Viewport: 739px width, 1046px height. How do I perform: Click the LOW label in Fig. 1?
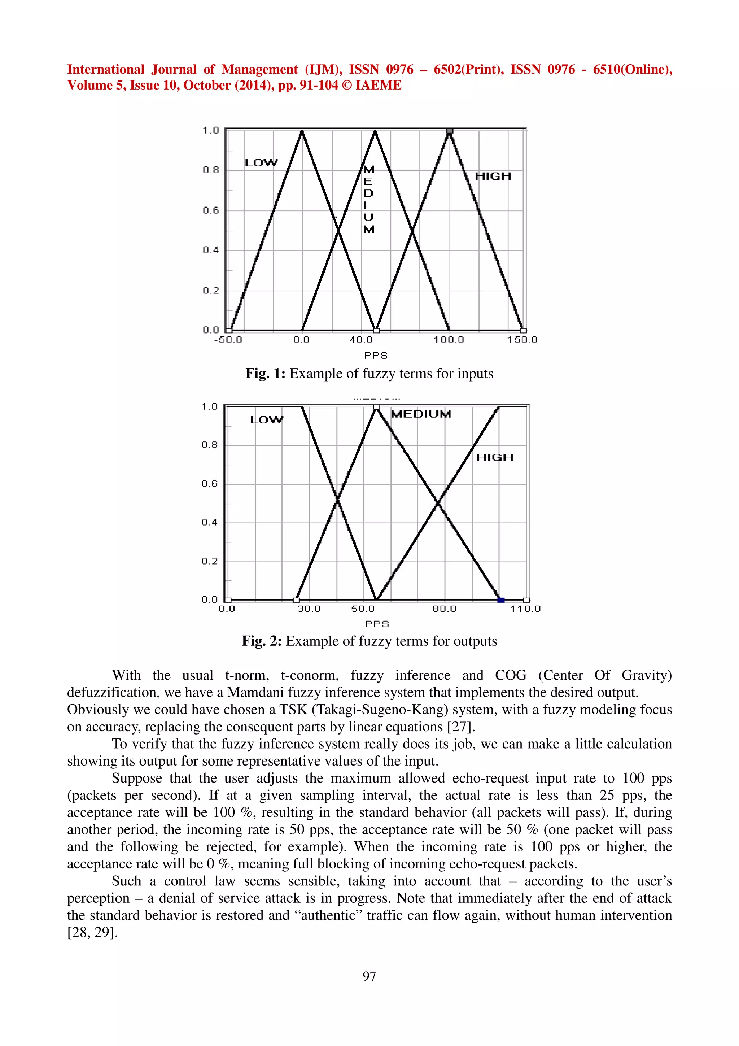point(261,163)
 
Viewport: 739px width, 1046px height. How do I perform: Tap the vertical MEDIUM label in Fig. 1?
point(369,199)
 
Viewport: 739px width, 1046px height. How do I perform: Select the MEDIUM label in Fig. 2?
point(421,414)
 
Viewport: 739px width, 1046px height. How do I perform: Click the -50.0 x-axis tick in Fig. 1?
point(228,340)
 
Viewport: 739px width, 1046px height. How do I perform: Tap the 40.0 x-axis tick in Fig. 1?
point(361,340)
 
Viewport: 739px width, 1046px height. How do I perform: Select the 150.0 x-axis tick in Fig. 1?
point(522,340)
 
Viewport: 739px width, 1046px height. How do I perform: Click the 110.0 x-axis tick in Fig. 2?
point(525,609)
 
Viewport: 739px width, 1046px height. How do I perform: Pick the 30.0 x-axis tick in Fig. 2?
point(309,609)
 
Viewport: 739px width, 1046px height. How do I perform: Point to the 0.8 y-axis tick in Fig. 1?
point(211,170)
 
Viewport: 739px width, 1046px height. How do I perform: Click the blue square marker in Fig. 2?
point(501,600)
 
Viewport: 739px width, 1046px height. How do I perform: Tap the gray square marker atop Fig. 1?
point(450,131)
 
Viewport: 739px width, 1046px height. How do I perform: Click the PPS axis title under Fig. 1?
point(376,356)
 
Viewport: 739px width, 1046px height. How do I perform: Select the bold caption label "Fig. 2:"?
point(262,641)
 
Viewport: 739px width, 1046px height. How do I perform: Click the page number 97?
point(369,976)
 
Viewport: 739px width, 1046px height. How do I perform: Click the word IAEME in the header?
point(379,85)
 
